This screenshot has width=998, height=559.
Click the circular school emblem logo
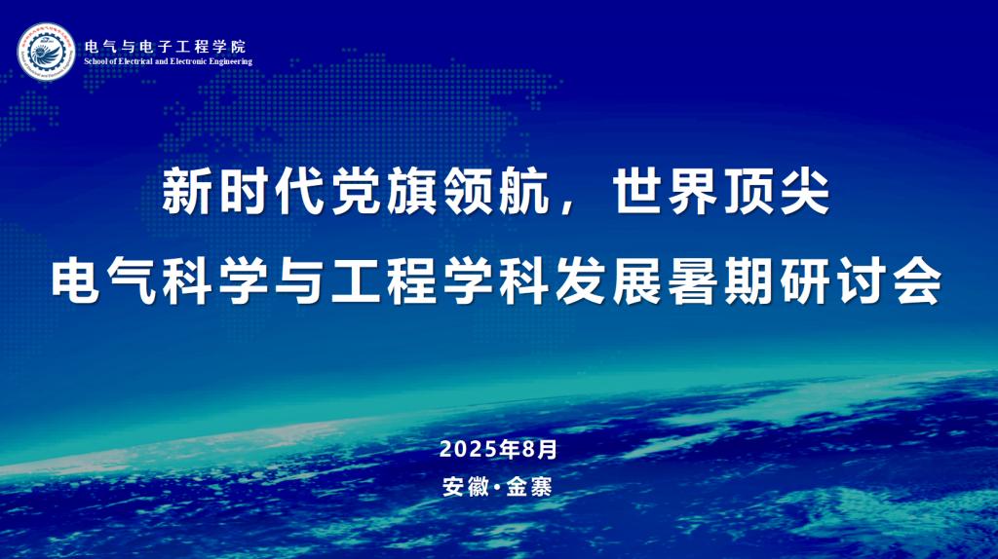46,53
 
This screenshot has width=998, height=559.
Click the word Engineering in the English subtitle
233,61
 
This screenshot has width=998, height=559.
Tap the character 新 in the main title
186,192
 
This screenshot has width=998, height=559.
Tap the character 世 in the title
636,192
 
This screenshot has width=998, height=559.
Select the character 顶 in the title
749,192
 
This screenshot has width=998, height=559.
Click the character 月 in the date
548,450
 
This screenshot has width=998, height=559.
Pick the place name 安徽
465,487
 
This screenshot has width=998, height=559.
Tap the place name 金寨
529,487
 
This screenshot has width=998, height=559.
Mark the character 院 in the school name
239,47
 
